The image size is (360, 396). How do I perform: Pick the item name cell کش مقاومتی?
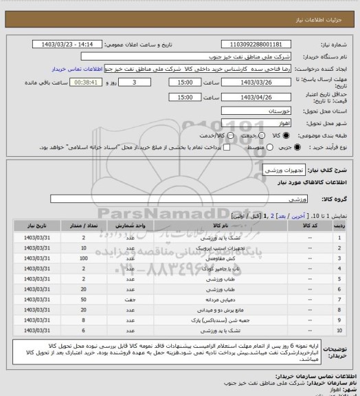(221, 258)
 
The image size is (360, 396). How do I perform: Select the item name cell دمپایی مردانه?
(221, 299)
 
